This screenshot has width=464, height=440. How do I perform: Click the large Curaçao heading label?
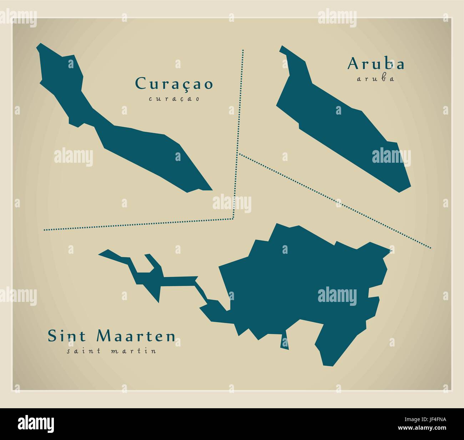(174, 84)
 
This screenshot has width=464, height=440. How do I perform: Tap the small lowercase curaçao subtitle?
(174, 99)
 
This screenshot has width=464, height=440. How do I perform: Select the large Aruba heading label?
(376, 64)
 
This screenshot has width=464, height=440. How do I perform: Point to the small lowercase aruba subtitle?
(375, 79)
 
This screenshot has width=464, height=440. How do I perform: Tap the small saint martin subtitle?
(111, 351)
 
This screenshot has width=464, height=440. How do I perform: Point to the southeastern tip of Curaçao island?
(211, 189)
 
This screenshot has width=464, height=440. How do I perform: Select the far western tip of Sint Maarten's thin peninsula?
(100, 254)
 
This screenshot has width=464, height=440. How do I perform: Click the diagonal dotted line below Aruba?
(336, 200)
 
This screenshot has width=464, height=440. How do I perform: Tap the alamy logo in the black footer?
(36, 424)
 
